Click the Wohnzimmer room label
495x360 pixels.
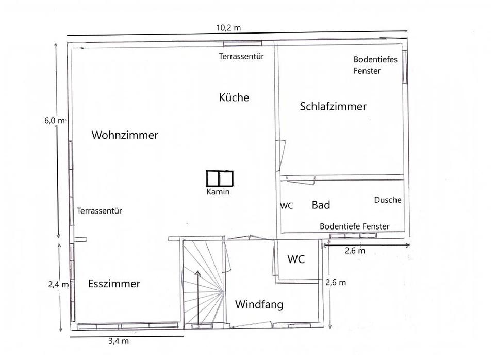coord(125,135)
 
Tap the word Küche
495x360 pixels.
coord(234,97)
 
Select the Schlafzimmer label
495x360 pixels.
coord(333,106)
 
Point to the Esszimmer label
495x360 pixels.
coord(114,284)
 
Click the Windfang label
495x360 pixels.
coord(259,305)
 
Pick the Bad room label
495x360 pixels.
coord(321,205)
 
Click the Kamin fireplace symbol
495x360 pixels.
coord(220,178)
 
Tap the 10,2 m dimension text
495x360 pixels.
coord(228,28)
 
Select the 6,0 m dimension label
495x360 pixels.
coord(55,120)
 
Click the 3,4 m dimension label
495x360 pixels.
coord(119,341)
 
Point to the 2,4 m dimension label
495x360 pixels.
coord(58,285)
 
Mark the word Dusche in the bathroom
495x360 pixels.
coord(388,200)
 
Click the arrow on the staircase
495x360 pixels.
coord(198,299)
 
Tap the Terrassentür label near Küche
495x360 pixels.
coord(241,57)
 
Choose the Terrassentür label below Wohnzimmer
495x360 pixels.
coord(100,211)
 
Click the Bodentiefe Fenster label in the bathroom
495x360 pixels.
coord(355,226)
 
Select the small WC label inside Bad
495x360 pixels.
coord(287,206)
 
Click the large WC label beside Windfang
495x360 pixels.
coord(296,259)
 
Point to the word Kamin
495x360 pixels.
coord(218,192)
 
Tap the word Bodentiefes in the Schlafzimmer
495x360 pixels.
coord(375,59)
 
